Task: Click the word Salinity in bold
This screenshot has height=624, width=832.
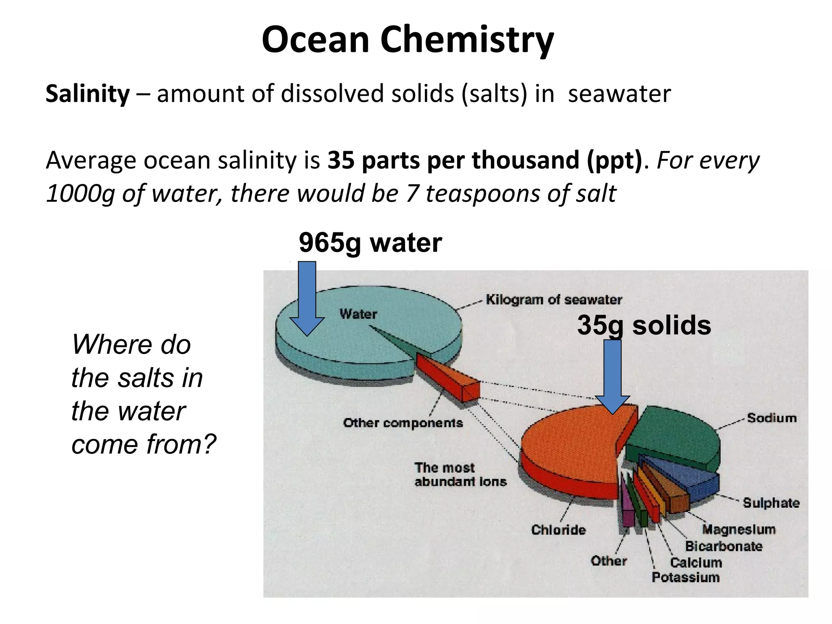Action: pyautogui.click(x=87, y=94)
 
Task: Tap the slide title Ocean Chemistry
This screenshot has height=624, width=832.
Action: pyautogui.click(x=407, y=40)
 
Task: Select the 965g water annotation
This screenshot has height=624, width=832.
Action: pyautogui.click(x=370, y=243)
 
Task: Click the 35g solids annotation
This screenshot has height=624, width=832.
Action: pyautogui.click(x=644, y=325)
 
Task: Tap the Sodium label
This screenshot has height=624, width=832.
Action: pyautogui.click(x=771, y=418)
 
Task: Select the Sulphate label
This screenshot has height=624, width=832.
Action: pyautogui.click(x=771, y=503)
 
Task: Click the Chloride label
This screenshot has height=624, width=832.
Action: pyautogui.click(x=558, y=530)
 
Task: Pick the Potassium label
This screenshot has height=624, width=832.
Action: pyautogui.click(x=685, y=577)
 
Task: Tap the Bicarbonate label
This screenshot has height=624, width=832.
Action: pyautogui.click(x=724, y=546)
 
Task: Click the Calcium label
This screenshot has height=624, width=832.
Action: pyautogui.click(x=696, y=563)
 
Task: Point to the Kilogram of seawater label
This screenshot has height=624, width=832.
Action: pyautogui.click(x=554, y=300)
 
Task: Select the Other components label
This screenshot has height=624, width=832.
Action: pyautogui.click(x=403, y=423)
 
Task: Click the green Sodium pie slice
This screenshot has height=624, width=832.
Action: pyautogui.click(x=674, y=435)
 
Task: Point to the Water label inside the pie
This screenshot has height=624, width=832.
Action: pyautogui.click(x=358, y=314)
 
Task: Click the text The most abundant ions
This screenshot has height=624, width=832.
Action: pyautogui.click(x=460, y=474)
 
